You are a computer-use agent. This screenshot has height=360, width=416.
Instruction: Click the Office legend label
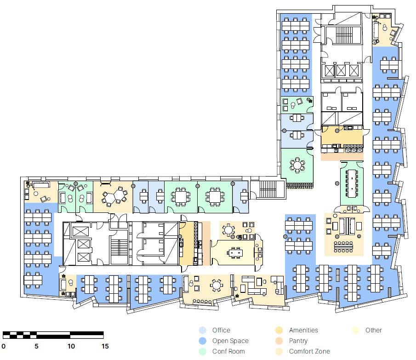tap(221, 330)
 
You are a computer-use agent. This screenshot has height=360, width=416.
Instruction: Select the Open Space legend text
tap(230, 341)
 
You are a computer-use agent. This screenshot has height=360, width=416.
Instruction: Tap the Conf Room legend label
tap(228, 351)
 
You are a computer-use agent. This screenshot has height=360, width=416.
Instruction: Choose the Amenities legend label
tap(303, 330)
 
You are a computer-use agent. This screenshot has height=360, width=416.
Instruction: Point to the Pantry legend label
tap(298, 341)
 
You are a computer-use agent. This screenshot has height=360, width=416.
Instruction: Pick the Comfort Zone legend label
tap(309, 351)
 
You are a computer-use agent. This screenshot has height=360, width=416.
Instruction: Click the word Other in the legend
tap(374, 330)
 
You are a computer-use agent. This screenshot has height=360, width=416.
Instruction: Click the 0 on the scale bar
tap(4, 346)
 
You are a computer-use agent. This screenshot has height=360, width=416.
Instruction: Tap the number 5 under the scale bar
tap(37, 346)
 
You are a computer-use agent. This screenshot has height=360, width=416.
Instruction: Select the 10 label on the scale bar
tap(71, 346)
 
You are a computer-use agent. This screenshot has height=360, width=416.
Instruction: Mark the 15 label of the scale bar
tap(105, 346)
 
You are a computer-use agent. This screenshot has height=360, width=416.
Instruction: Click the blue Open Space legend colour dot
tap(202, 341)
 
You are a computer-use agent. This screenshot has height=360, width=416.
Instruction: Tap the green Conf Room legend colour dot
tap(202, 351)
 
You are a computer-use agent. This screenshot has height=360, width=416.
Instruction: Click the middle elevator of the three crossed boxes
tap(341, 70)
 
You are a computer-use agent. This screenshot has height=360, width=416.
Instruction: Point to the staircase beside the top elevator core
tap(344, 34)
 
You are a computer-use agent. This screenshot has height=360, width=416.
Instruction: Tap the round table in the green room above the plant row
tap(297, 165)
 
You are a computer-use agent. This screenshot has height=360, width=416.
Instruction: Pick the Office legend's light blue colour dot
tap(202, 330)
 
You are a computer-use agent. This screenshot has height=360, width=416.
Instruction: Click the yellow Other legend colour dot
tap(355, 330)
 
